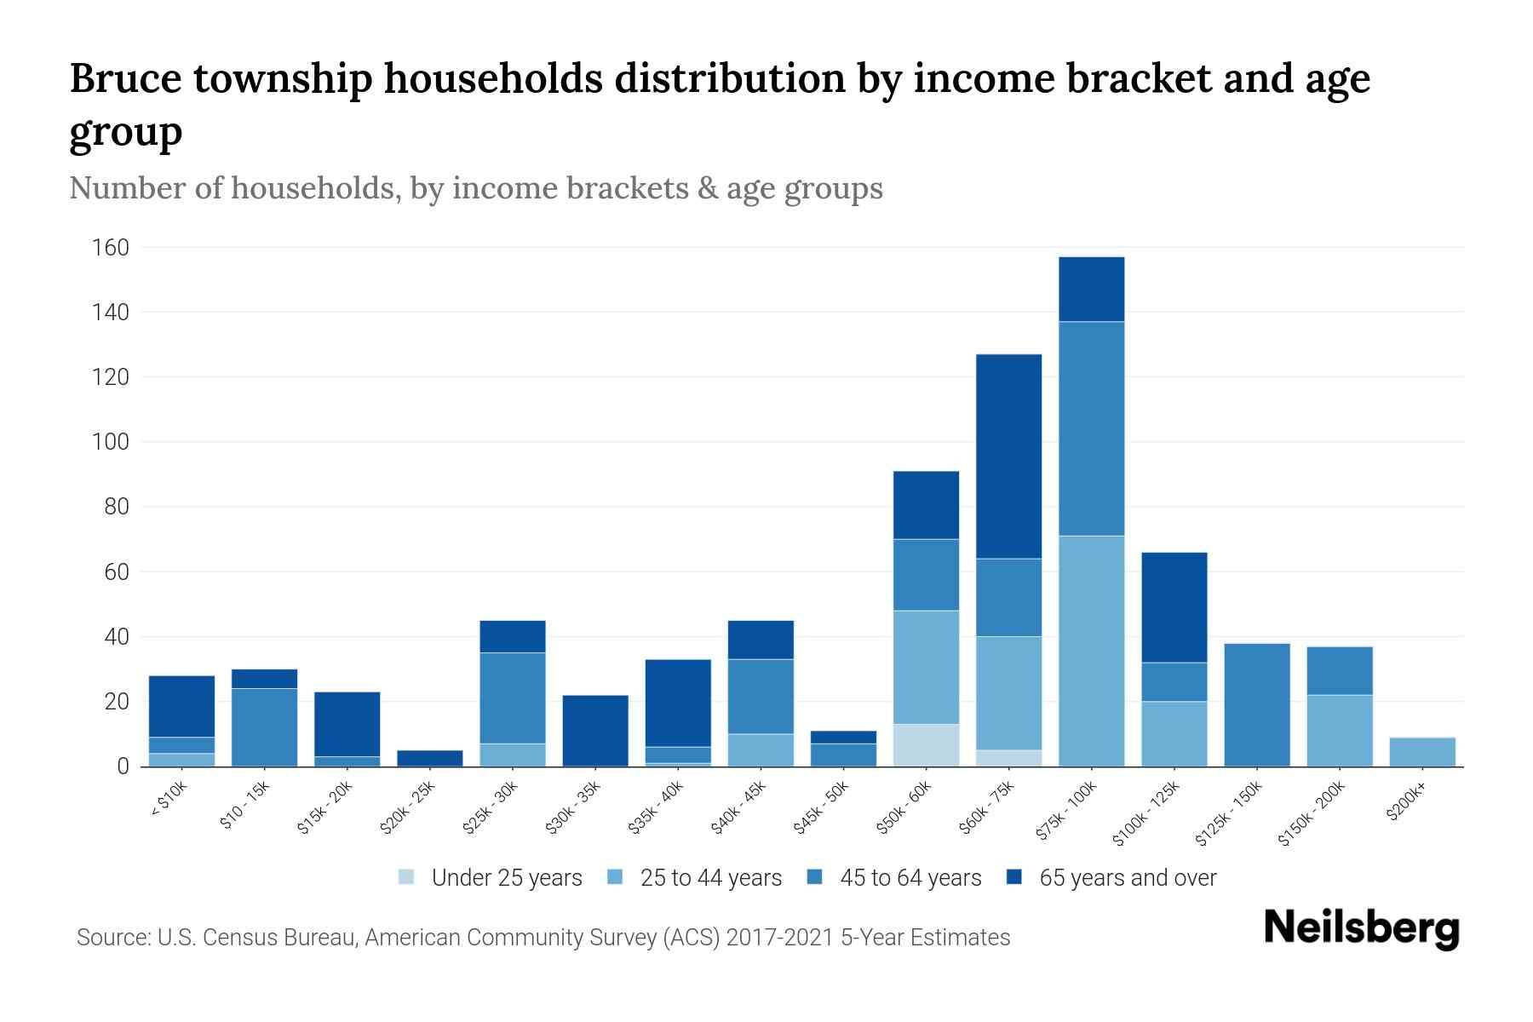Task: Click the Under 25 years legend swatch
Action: pos(407,877)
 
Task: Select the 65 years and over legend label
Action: pos(1127,877)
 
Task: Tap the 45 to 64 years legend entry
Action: pos(910,877)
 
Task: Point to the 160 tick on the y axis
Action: pos(111,248)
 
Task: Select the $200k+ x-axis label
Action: pos(1406,804)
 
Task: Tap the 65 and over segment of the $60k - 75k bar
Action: pos(1008,456)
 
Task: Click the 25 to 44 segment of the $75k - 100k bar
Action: pos(1091,651)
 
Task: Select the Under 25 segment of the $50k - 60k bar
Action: pos(926,745)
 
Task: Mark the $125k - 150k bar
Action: pos(1256,704)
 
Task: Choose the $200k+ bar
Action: pos(1421,752)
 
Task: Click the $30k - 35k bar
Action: pos(595,731)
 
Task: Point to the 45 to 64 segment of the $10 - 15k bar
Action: pos(264,726)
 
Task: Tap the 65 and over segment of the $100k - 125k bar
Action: pos(1174,607)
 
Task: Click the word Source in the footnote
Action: pos(111,938)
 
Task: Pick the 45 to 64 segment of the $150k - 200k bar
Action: pos(1339,671)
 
